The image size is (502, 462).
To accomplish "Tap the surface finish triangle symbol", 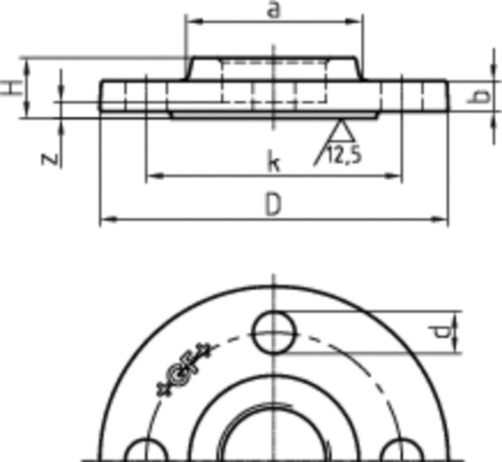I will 341,131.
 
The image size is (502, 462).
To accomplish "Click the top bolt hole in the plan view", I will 275,333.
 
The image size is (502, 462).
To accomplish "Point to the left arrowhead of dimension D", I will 106,219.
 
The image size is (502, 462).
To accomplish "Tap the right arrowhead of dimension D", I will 442,219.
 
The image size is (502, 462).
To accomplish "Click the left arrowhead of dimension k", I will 152,175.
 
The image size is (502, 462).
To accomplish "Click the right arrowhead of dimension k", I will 396,175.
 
